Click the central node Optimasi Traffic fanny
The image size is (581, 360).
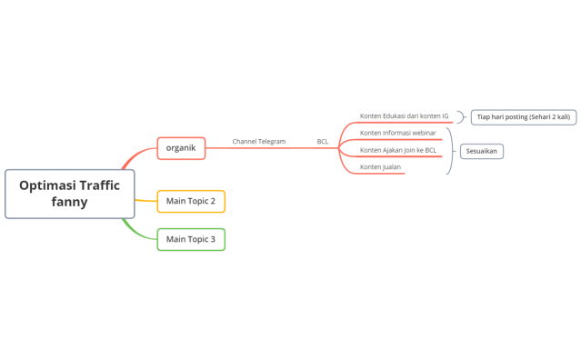70,194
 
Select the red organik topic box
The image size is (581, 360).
181,148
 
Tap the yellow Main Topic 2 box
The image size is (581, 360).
191,201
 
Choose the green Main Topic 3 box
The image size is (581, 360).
191,239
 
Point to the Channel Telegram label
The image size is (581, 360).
259,142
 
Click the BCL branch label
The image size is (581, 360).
323,142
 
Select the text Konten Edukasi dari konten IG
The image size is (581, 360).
405,116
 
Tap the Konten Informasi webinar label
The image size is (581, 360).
398,133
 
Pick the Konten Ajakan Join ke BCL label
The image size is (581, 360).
398,150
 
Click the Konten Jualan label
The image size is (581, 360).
381,167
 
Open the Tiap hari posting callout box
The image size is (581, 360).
524,117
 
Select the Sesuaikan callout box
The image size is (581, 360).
482,151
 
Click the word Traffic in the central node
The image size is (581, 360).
100,185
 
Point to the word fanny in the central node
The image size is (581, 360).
70,202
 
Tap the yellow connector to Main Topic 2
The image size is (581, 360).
146,201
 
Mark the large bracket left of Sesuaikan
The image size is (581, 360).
451,151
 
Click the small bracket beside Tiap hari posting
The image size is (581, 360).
463,117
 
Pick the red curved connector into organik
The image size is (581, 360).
135,155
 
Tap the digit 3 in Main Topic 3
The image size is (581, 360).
213,239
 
